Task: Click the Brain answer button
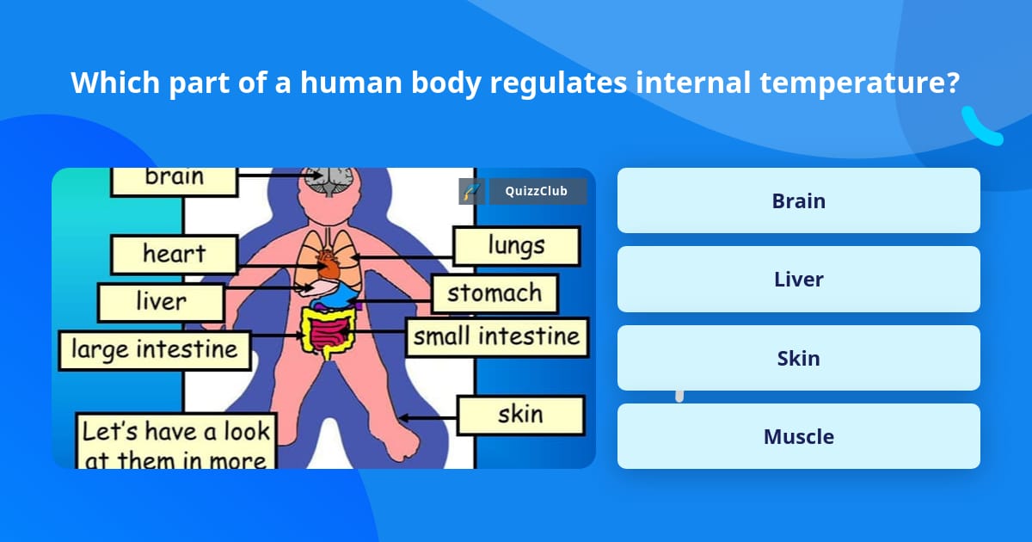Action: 798,200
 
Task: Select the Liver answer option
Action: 798,280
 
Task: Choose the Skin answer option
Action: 798,358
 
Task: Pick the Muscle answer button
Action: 798,436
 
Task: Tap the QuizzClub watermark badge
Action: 537,191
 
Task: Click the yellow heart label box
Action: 174,255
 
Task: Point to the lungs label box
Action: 516,246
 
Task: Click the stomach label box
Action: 494,293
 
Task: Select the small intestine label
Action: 497,336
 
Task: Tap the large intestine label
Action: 155,350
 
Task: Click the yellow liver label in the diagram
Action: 161,302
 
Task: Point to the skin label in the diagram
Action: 520,415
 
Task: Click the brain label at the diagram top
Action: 175,178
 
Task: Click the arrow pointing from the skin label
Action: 427,417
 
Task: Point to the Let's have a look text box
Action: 175,443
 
